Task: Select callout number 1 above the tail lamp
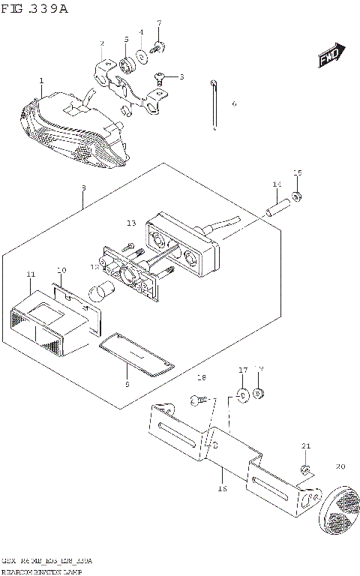tap(41, 81)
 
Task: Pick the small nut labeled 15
tap(297, 197)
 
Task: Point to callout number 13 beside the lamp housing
tap(131, 223)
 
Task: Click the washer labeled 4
tap(141, 56)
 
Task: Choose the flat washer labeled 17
tap(242, 394)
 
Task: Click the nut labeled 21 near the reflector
tap(305, 469)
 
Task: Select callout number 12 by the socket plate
tap(94, 266)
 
